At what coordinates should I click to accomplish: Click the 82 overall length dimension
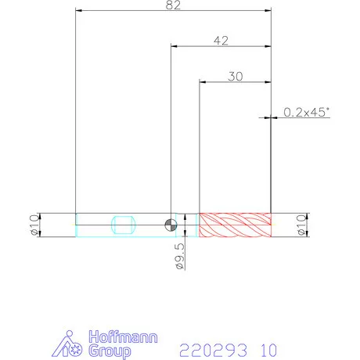click(x=173, y=5)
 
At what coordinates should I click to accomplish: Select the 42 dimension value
click(x=221, y=41)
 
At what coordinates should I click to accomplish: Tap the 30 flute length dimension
click(x=236, y=77)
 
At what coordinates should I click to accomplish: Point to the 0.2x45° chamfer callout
click(x=307, y=112)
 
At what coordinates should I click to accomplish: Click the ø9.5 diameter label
click(x=180, y=256)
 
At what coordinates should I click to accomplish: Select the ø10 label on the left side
click(x=34, y=225)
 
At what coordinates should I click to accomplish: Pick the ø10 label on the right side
click(x=301, y=225)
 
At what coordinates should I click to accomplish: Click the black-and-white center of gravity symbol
click(x=171, y=225)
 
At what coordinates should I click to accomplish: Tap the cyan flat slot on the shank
click(x=124, y=225)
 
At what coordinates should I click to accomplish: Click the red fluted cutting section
click(x=235, y=225)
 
